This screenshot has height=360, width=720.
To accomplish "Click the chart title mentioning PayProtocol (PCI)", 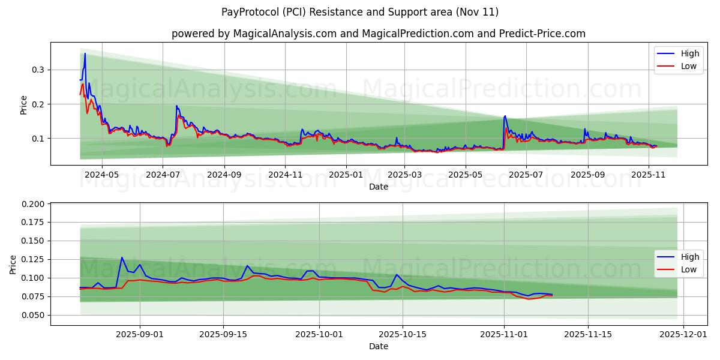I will point(360,12).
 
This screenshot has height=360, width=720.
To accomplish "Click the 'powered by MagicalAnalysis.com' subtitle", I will point(378,34).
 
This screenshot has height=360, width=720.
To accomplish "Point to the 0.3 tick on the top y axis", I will point(39,70).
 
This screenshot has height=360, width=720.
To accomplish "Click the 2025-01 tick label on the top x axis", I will point(346,175).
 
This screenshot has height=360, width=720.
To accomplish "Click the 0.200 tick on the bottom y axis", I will point(34,204).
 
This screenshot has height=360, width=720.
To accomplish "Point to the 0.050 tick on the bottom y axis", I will point(34,315).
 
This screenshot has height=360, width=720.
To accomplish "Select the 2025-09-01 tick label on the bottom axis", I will point(140,335).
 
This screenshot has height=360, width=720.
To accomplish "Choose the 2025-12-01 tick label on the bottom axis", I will point(684,335).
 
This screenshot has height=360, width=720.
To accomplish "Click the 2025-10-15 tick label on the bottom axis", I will point(403,335).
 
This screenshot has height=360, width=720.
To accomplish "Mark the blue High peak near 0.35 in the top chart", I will point(85,53).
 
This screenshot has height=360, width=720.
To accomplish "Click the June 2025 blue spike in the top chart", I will point(505,116).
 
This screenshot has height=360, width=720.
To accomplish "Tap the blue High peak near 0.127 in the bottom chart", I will point(122,257).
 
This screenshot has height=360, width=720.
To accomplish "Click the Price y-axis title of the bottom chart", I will point(14,264).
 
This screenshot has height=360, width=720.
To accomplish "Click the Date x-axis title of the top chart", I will point(378,187).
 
